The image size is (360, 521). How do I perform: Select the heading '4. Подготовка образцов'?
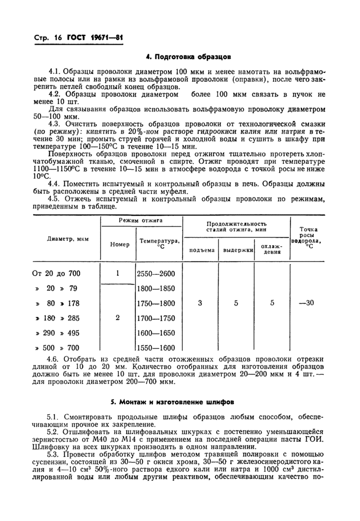tap(194, 56)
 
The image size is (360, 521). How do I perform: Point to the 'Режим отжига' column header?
tap(140, 220)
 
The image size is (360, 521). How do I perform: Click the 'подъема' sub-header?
tap(201, 250)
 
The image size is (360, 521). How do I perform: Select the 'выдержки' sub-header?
tap(236, 250)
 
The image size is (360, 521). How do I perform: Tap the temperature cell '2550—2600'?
tap(156, 273)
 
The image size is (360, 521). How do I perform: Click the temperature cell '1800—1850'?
tap(156, 288)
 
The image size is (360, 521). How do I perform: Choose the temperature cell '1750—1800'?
tap(156, 303)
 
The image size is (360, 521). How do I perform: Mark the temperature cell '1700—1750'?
tap(156, 318)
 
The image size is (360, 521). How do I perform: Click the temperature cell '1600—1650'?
tap(156, 332)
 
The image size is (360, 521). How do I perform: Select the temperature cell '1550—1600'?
tap(156, 347)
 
